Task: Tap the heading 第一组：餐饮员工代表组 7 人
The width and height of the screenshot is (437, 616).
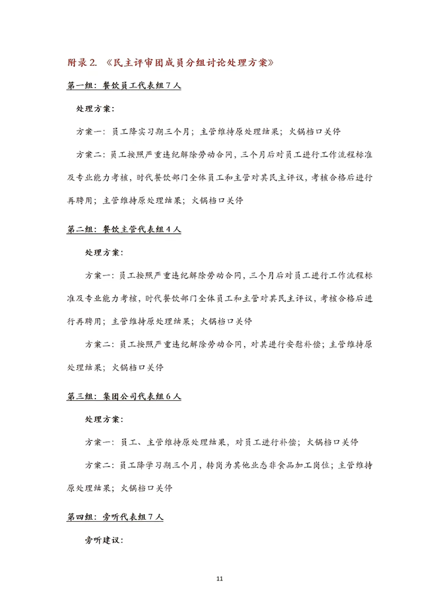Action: tap(124, 86)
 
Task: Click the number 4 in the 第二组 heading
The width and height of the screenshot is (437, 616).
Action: tap(168, 230)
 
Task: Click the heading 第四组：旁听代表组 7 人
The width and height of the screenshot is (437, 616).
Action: tap(115, 517)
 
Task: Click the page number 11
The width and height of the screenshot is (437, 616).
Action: tap(220, 579)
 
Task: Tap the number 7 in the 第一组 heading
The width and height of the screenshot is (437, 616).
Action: tap(168, 86)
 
